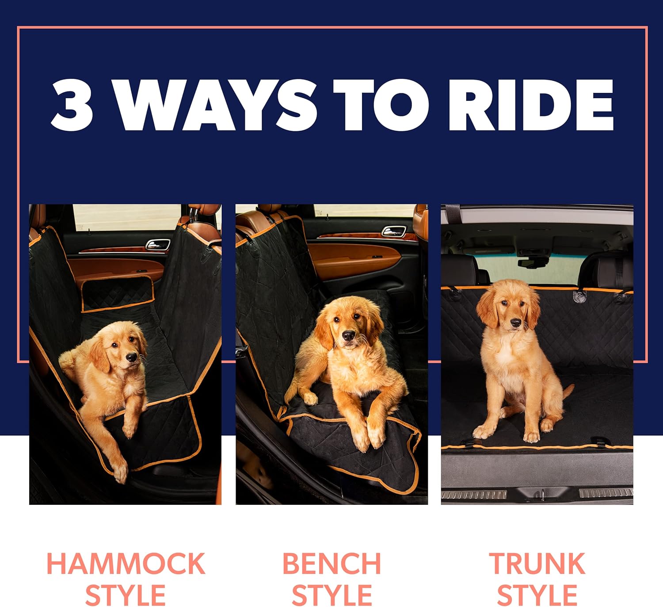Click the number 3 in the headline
pos(72,105)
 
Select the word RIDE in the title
pos(530,105)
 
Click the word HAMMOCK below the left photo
pos(126,564)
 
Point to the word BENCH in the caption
pos(331,564)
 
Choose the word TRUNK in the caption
pos(537,564)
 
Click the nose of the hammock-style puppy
pos(131,357)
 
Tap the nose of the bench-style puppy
pos(349,336)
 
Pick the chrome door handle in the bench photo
pos(393,231)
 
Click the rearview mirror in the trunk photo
pos(533,262)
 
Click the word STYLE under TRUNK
pos(537,595)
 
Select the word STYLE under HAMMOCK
pos(126,595)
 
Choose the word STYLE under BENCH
pos(331,595)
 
